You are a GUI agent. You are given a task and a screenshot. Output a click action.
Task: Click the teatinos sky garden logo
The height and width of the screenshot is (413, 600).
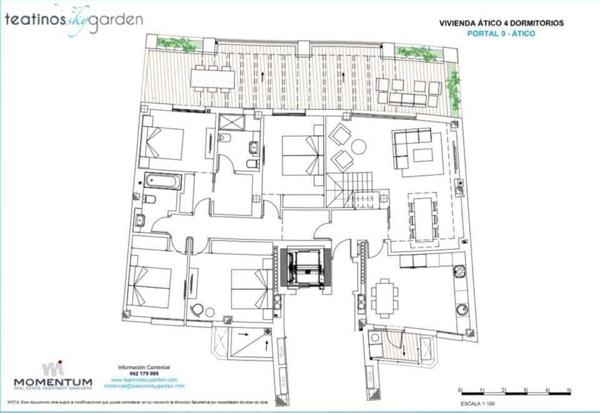click(74, 19)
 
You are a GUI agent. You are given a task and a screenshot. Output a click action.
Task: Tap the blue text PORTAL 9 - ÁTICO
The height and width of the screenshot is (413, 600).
click(501, 33)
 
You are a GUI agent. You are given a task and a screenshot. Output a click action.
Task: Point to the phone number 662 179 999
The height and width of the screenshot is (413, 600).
click(144, 373)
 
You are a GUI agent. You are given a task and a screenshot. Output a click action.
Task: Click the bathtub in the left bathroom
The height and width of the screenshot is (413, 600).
click(162, 181)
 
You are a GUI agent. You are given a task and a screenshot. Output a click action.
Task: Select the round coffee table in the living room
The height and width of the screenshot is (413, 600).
click(358, 147)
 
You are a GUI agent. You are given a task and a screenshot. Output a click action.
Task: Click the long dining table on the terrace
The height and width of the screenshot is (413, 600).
click(212, 77)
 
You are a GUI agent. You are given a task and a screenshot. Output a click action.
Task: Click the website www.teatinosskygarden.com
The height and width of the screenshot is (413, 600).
click(144, 380)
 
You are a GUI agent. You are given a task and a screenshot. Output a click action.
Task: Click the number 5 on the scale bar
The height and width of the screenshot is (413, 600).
click(569, 390)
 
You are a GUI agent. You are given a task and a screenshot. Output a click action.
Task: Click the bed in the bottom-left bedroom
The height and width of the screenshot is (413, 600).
click(149, 284)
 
